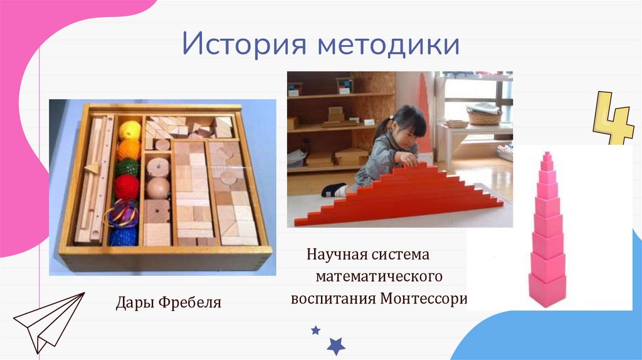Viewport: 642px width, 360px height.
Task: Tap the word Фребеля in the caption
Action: [190, 303]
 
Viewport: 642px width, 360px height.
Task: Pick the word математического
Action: [379, 276]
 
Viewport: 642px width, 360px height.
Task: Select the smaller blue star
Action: [316, 330]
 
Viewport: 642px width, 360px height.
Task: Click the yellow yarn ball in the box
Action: [130, 130]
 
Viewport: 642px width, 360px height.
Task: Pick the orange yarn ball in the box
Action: [129, 149]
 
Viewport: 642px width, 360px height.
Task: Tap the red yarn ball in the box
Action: [127, 186]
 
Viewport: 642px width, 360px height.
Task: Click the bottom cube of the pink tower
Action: [547, 290]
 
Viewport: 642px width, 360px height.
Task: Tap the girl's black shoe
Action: [333, 189]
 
